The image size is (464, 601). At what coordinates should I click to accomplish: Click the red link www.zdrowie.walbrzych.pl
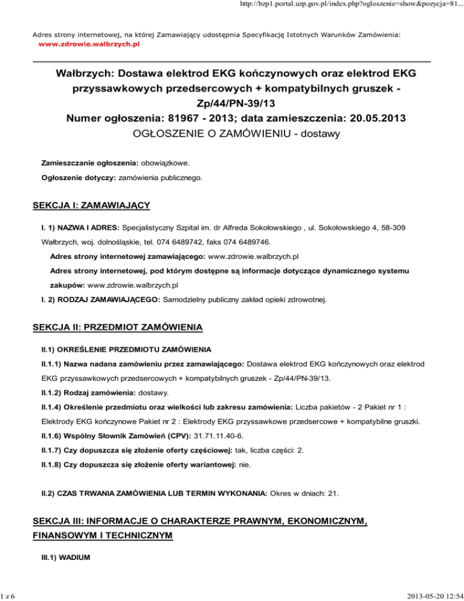tap(88, 45)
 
